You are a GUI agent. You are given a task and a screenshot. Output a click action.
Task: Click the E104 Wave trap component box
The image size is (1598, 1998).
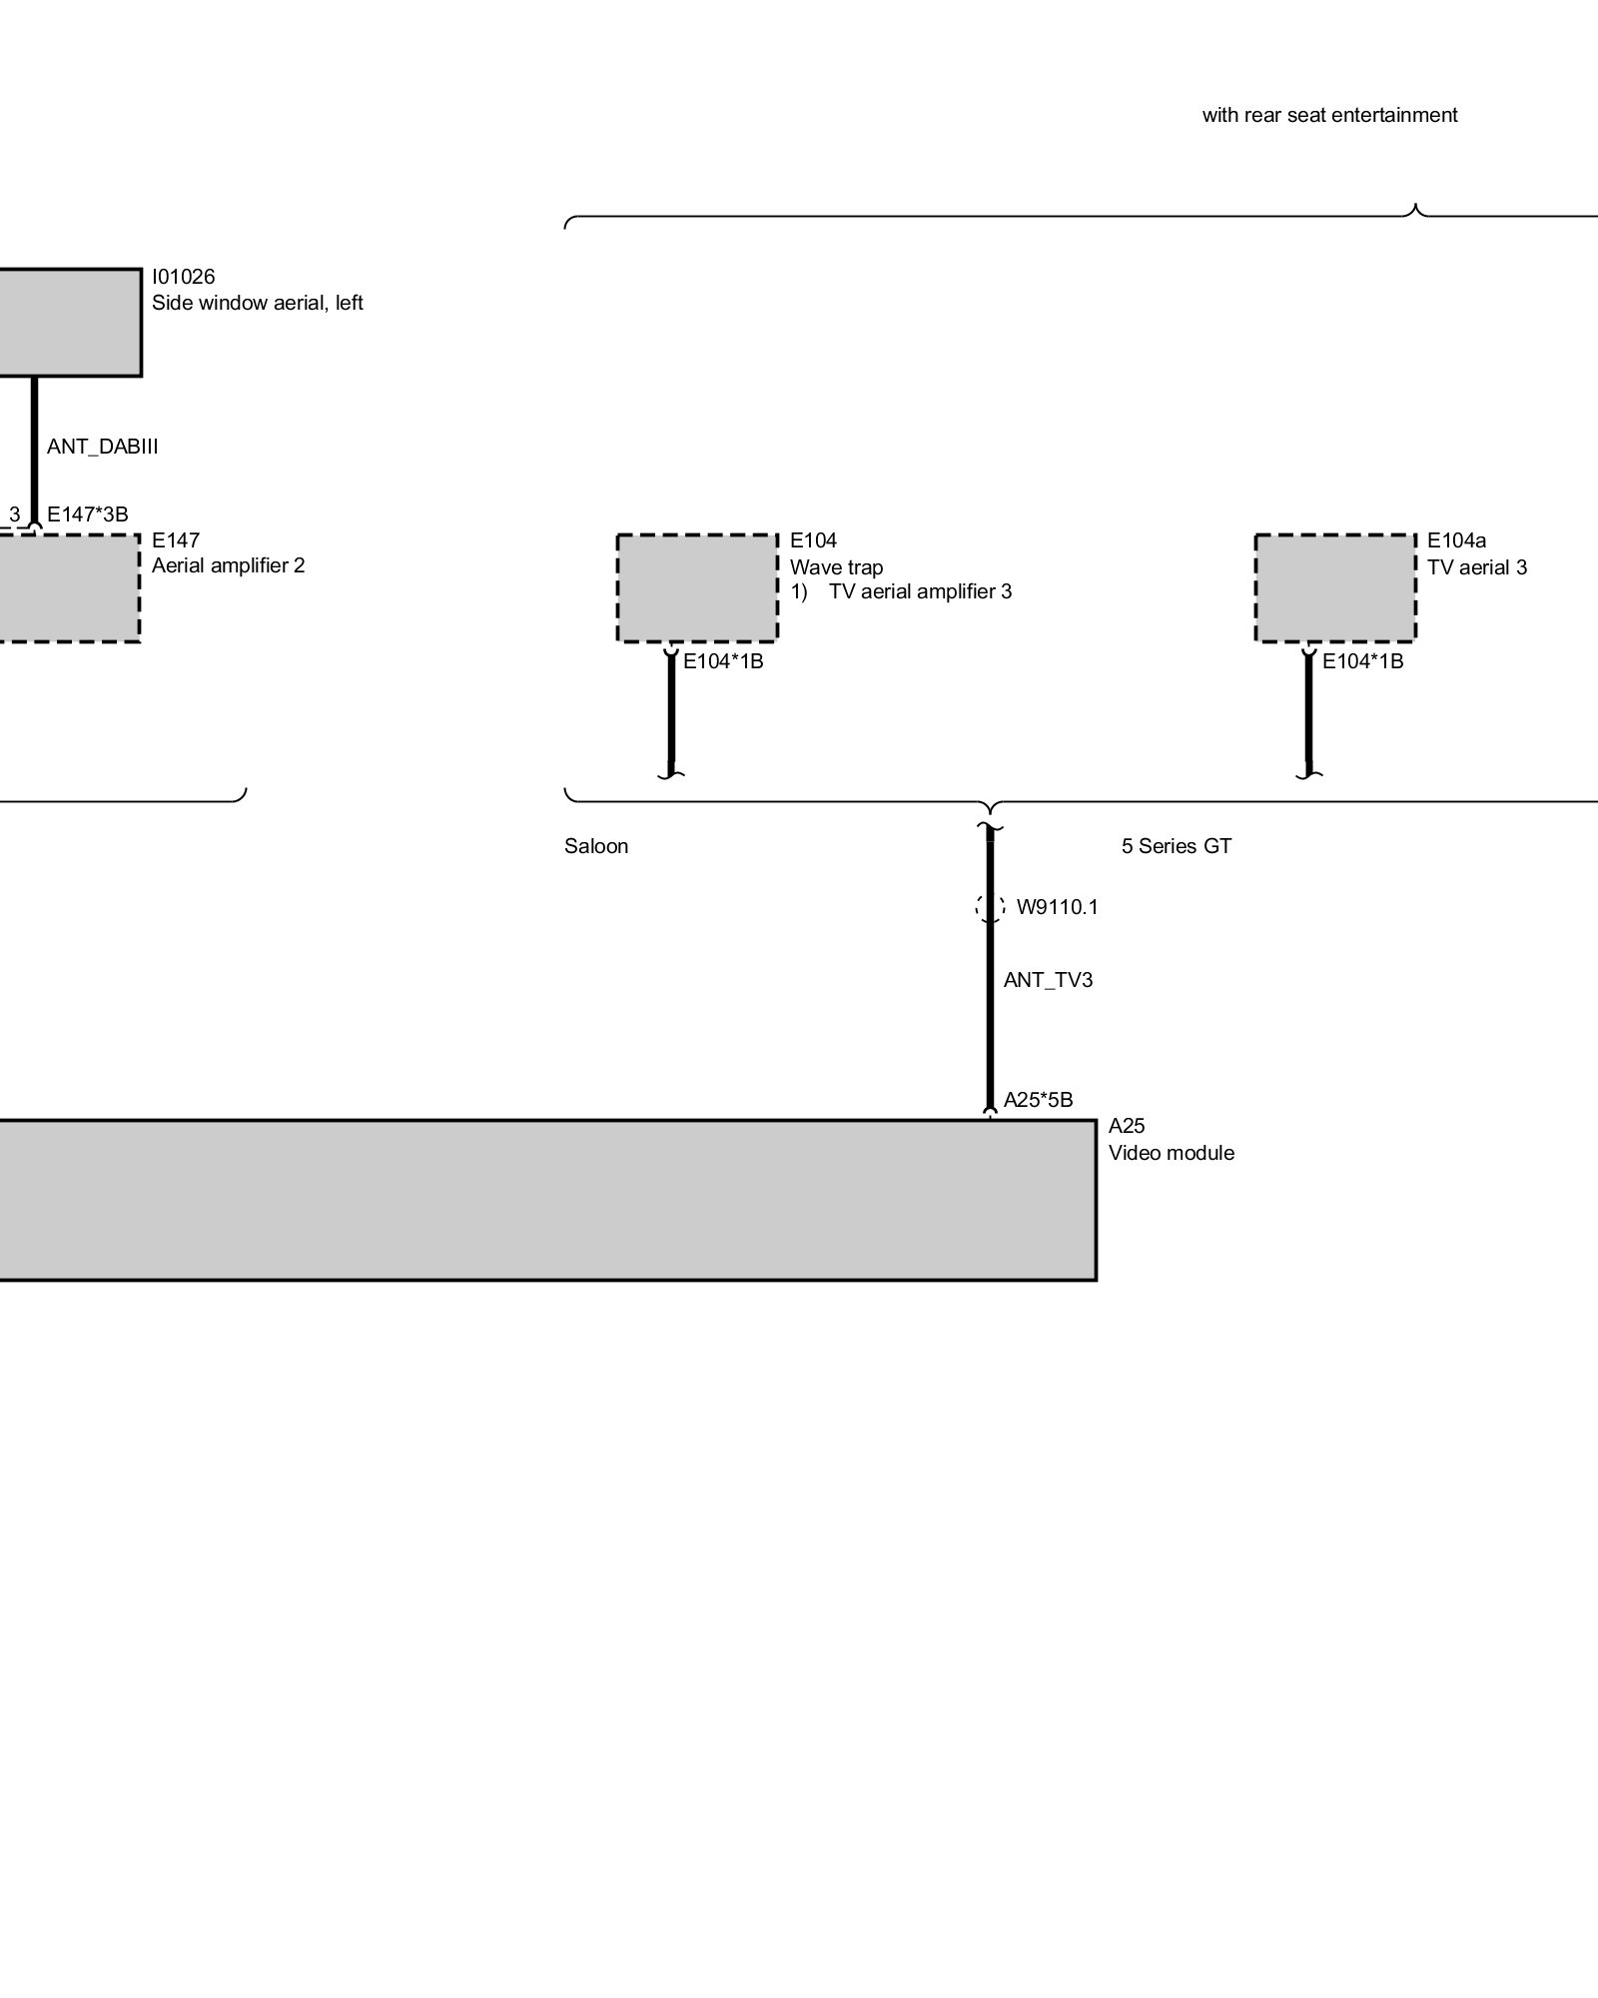point(696,587)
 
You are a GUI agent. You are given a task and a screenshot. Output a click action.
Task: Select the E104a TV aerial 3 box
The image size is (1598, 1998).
point(1334,587)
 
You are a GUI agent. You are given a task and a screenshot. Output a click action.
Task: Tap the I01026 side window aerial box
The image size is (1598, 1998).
point(70,322)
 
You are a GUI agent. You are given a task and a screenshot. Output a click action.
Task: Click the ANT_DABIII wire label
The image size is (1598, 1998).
point(102,447)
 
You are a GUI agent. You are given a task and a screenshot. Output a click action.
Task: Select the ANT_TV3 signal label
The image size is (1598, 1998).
point(1048,980)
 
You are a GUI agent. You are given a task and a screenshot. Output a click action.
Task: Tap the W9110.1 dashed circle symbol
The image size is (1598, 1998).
point(990,907)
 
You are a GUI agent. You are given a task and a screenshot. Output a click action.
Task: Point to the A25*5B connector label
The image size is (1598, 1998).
point(1038,1100)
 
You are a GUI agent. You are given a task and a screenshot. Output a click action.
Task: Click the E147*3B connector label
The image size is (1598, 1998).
point(88,514)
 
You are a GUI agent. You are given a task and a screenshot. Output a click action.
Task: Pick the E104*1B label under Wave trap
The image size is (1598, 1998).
point(723,661)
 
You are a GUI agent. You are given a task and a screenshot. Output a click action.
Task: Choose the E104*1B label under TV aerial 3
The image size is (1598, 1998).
point(1362,661)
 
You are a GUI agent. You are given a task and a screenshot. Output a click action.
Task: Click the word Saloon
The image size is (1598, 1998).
point(596,846)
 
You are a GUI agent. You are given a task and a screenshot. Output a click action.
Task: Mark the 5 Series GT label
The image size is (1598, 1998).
point(1176,846)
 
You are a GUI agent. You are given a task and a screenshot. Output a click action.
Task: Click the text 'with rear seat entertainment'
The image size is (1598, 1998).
point(1329,115)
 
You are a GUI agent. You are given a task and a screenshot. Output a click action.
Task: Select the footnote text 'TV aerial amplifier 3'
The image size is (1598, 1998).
point(920,591)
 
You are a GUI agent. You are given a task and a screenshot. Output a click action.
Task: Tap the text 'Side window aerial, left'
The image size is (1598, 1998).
point(257,303)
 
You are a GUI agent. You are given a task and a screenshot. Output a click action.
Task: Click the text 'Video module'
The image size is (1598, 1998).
point(1171,1153)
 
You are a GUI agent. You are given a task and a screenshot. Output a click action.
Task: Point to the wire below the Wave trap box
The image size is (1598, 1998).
point(671,714)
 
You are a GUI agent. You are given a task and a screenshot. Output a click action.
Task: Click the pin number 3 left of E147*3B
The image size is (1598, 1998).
point(14,514)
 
